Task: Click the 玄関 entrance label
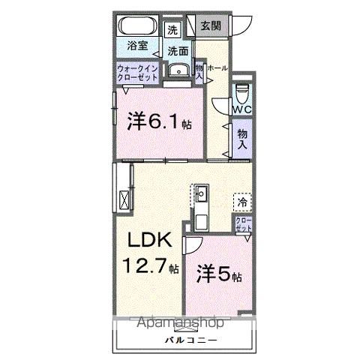210,25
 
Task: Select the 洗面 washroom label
177,51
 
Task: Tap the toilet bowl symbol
241,93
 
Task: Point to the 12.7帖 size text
151,265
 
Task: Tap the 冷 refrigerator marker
242,201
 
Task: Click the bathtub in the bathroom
137,26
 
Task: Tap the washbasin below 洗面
177,71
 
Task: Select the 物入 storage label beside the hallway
241,141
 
